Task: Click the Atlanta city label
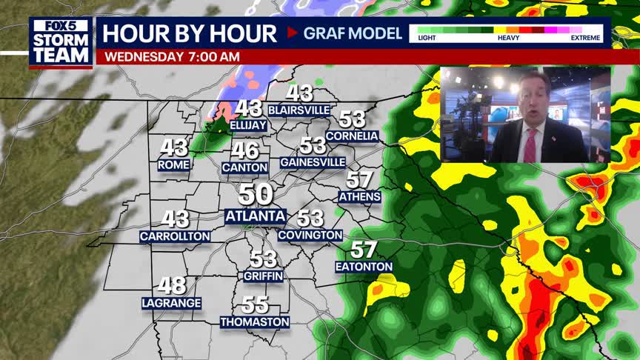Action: (x=255, y=216)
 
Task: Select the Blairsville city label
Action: (x=299, y=110)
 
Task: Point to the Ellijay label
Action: (x=248, y=126)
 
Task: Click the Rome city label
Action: (x=174, y=165)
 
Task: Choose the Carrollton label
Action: (x=175, y=236)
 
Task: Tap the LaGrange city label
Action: (x=171, y=302)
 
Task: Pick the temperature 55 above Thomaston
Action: (x=255, y=304)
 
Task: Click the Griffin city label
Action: (x=263, y=276)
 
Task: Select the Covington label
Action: (x=310, y=235)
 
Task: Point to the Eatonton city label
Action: (x=364, y=266)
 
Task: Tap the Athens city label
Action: (x=360, y=196)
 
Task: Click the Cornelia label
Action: (x=352, y=136)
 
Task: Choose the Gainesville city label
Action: (x=313, y=161)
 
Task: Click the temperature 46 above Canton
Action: (x=244, y=150)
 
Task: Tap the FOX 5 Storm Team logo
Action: (x=61, y=41)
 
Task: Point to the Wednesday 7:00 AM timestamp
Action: (x=172, y=57)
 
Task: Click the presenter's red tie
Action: (x=530, y=146)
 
